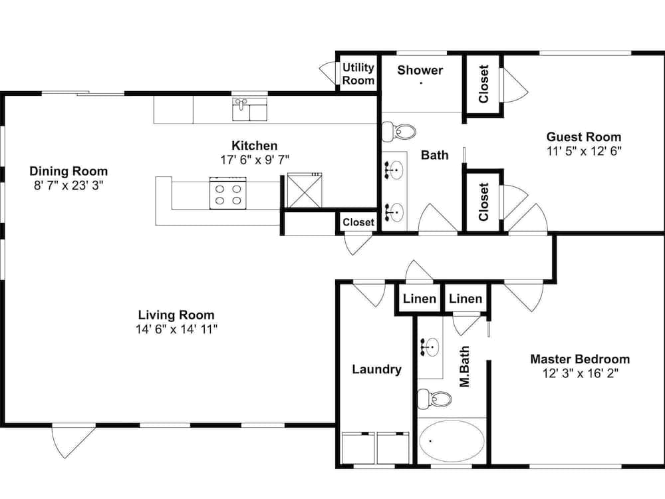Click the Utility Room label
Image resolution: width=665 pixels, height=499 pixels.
click(x=358, y=74)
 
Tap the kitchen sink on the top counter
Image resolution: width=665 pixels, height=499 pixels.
click(x=249, y=109)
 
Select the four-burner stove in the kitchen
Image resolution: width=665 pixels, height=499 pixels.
click(x=227, y=193)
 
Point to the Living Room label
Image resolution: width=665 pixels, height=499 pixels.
click(x=176, y=315)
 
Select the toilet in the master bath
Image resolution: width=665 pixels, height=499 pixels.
click(x=434, y=399)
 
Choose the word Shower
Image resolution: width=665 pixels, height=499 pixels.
click(x=420, y=70)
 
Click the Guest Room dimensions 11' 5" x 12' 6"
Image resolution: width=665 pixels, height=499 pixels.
click(x=584, y=151)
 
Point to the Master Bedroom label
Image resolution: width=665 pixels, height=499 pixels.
click(x=580, y=359)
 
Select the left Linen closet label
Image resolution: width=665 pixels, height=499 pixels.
click(x=419, y=299)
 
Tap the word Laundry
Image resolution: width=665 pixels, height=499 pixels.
click(x=376, y=369)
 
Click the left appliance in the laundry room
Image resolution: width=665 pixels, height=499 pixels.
click(x=358, y=448)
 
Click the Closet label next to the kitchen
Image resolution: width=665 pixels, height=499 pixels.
click(x=358, y=222)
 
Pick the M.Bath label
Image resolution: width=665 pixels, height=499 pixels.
click(x=464, y=367)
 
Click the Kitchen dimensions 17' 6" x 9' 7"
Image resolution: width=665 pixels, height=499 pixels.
click(x=255, y=160)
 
